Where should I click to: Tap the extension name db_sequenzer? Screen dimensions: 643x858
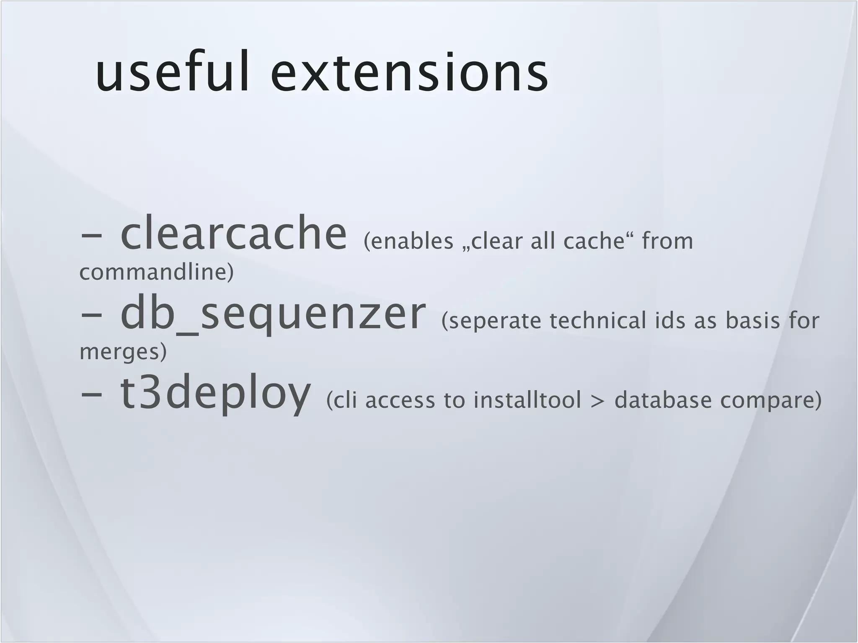click(273, 314)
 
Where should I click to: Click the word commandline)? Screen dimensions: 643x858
click(156, 272)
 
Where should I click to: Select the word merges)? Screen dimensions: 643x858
click(123, 352)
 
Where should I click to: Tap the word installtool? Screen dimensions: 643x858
click(527, 400)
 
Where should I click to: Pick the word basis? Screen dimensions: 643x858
click(753, 321)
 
